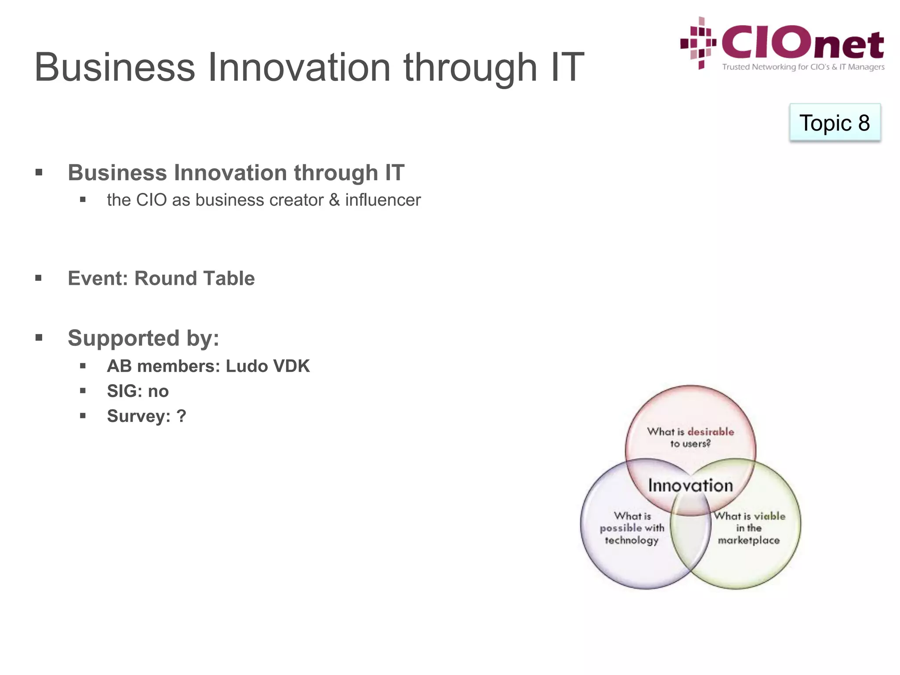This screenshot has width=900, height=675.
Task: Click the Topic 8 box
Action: point(835,123)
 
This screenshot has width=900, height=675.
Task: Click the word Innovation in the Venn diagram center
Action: point(690,486)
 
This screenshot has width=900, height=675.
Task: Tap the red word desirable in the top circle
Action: point(711,432)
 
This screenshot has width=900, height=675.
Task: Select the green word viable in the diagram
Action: point(769,516)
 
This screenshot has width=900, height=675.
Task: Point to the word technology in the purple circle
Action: point(631,540)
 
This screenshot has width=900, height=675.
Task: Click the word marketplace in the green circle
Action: point(748,540)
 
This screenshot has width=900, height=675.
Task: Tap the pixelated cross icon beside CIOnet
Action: point(698,43)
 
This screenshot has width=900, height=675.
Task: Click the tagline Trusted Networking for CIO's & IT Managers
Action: point(803,67)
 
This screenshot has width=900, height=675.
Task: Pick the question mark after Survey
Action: point(181,416)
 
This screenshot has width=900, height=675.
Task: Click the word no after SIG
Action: point(158,391)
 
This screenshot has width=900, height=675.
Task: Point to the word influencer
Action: point(383,200)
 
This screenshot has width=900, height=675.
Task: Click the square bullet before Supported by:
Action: point(39,337)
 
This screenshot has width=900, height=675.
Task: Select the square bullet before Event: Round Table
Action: point(39,278)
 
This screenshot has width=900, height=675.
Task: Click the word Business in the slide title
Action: point(114,68)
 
